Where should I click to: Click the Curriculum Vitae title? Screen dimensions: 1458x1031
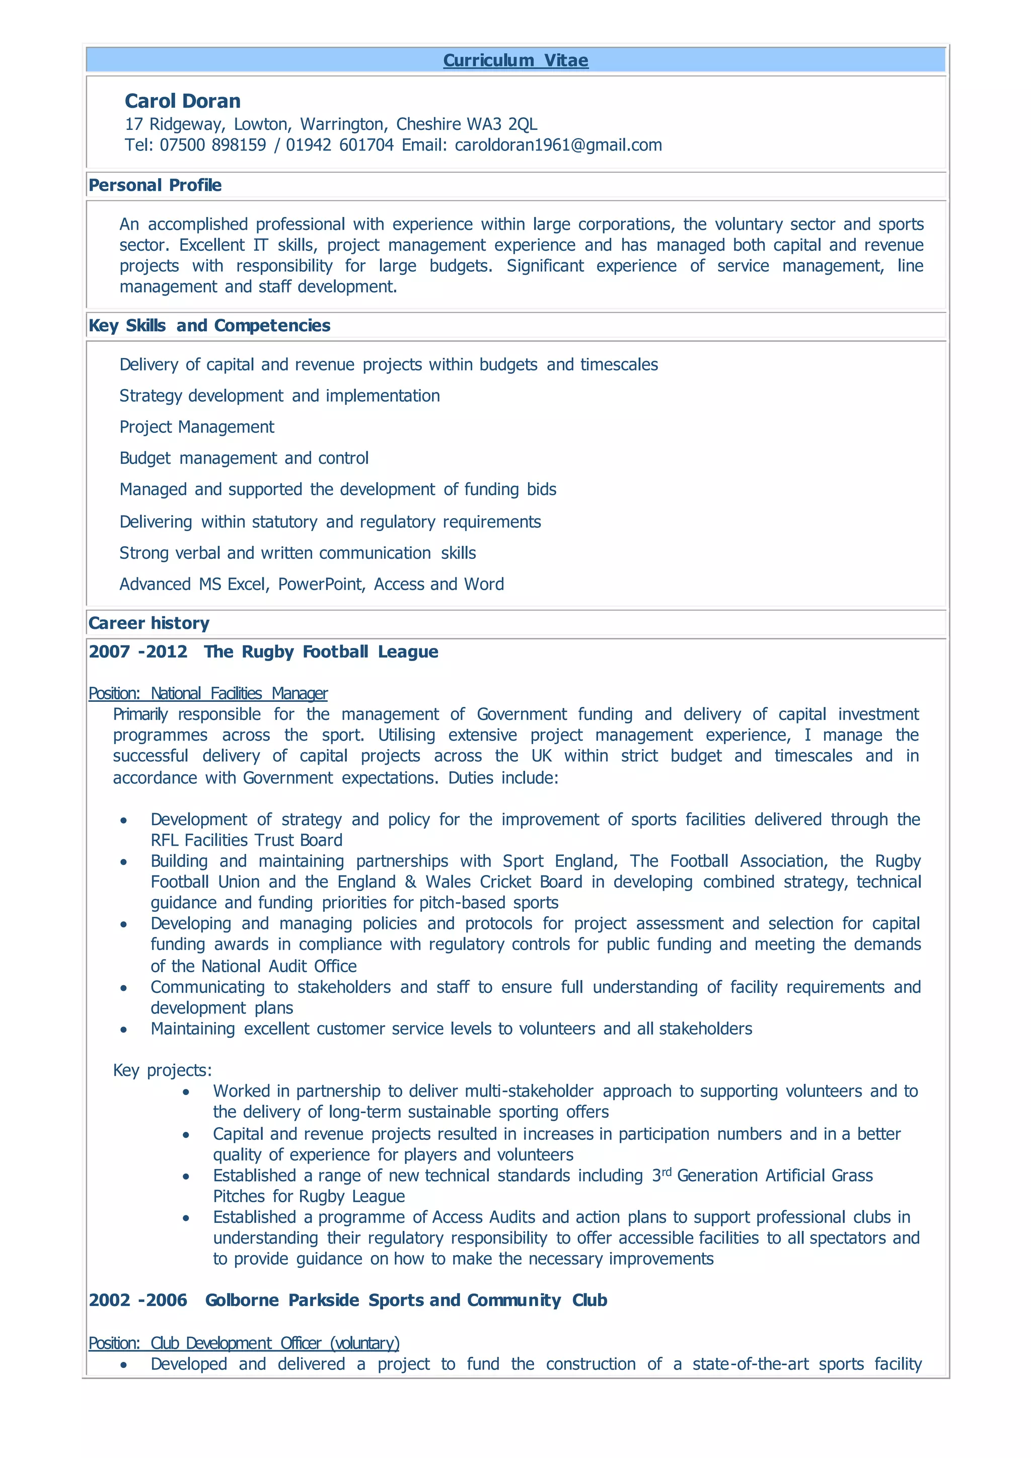click(515, 60)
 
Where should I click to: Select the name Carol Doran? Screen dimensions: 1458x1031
click(182, 101)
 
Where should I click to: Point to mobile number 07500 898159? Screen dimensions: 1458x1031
click(212, 145)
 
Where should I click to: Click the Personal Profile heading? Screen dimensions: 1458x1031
click(155, 185)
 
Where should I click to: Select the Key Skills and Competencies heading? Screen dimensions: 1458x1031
click(209, 326)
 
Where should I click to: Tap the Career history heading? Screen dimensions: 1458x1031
click(149, 623)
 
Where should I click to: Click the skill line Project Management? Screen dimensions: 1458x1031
click(197, 427)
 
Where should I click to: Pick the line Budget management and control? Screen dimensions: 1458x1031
click(244, 458)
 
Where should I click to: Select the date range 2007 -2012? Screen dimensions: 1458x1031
click(138, 651)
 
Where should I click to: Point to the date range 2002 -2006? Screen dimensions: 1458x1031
click(138, 1300)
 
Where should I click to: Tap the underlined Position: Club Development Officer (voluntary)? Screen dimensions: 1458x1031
click(244, 1343)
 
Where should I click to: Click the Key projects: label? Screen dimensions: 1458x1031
click(163, 1070)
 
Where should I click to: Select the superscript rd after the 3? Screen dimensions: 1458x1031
click(667, 1172)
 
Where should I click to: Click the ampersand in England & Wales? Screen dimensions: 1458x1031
click(411, 882)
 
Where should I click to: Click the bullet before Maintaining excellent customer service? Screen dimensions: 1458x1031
click(124, 1030)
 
